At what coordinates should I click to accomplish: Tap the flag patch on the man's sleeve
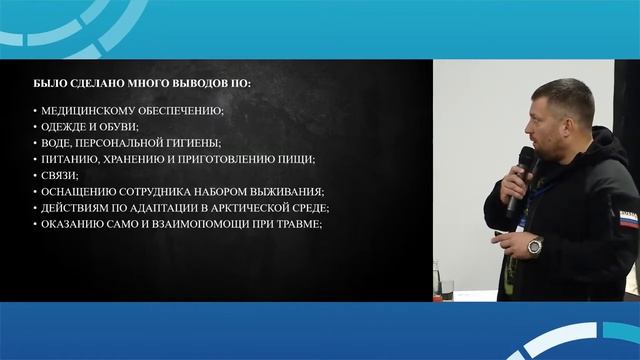tap(626, 219)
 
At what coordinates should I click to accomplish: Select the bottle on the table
tap(437, 280)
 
